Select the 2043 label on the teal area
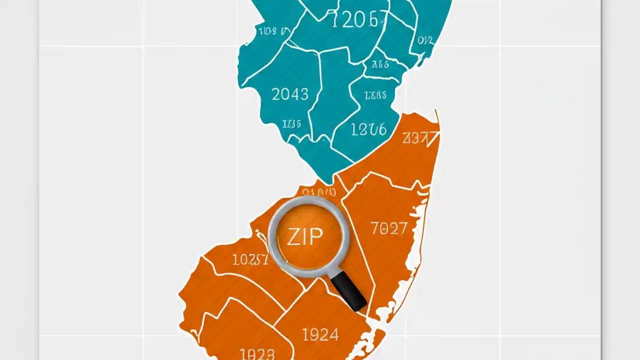click(290, 94)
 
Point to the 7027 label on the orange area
click(389, 229)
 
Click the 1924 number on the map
click(320, 334)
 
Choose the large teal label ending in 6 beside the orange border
click(368, 130)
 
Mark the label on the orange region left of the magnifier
click(250, 259)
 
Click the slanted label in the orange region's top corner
click(415, 137)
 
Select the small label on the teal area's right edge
click(425, 40)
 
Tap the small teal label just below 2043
click(291, 123)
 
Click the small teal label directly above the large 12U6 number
click(375, 95)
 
